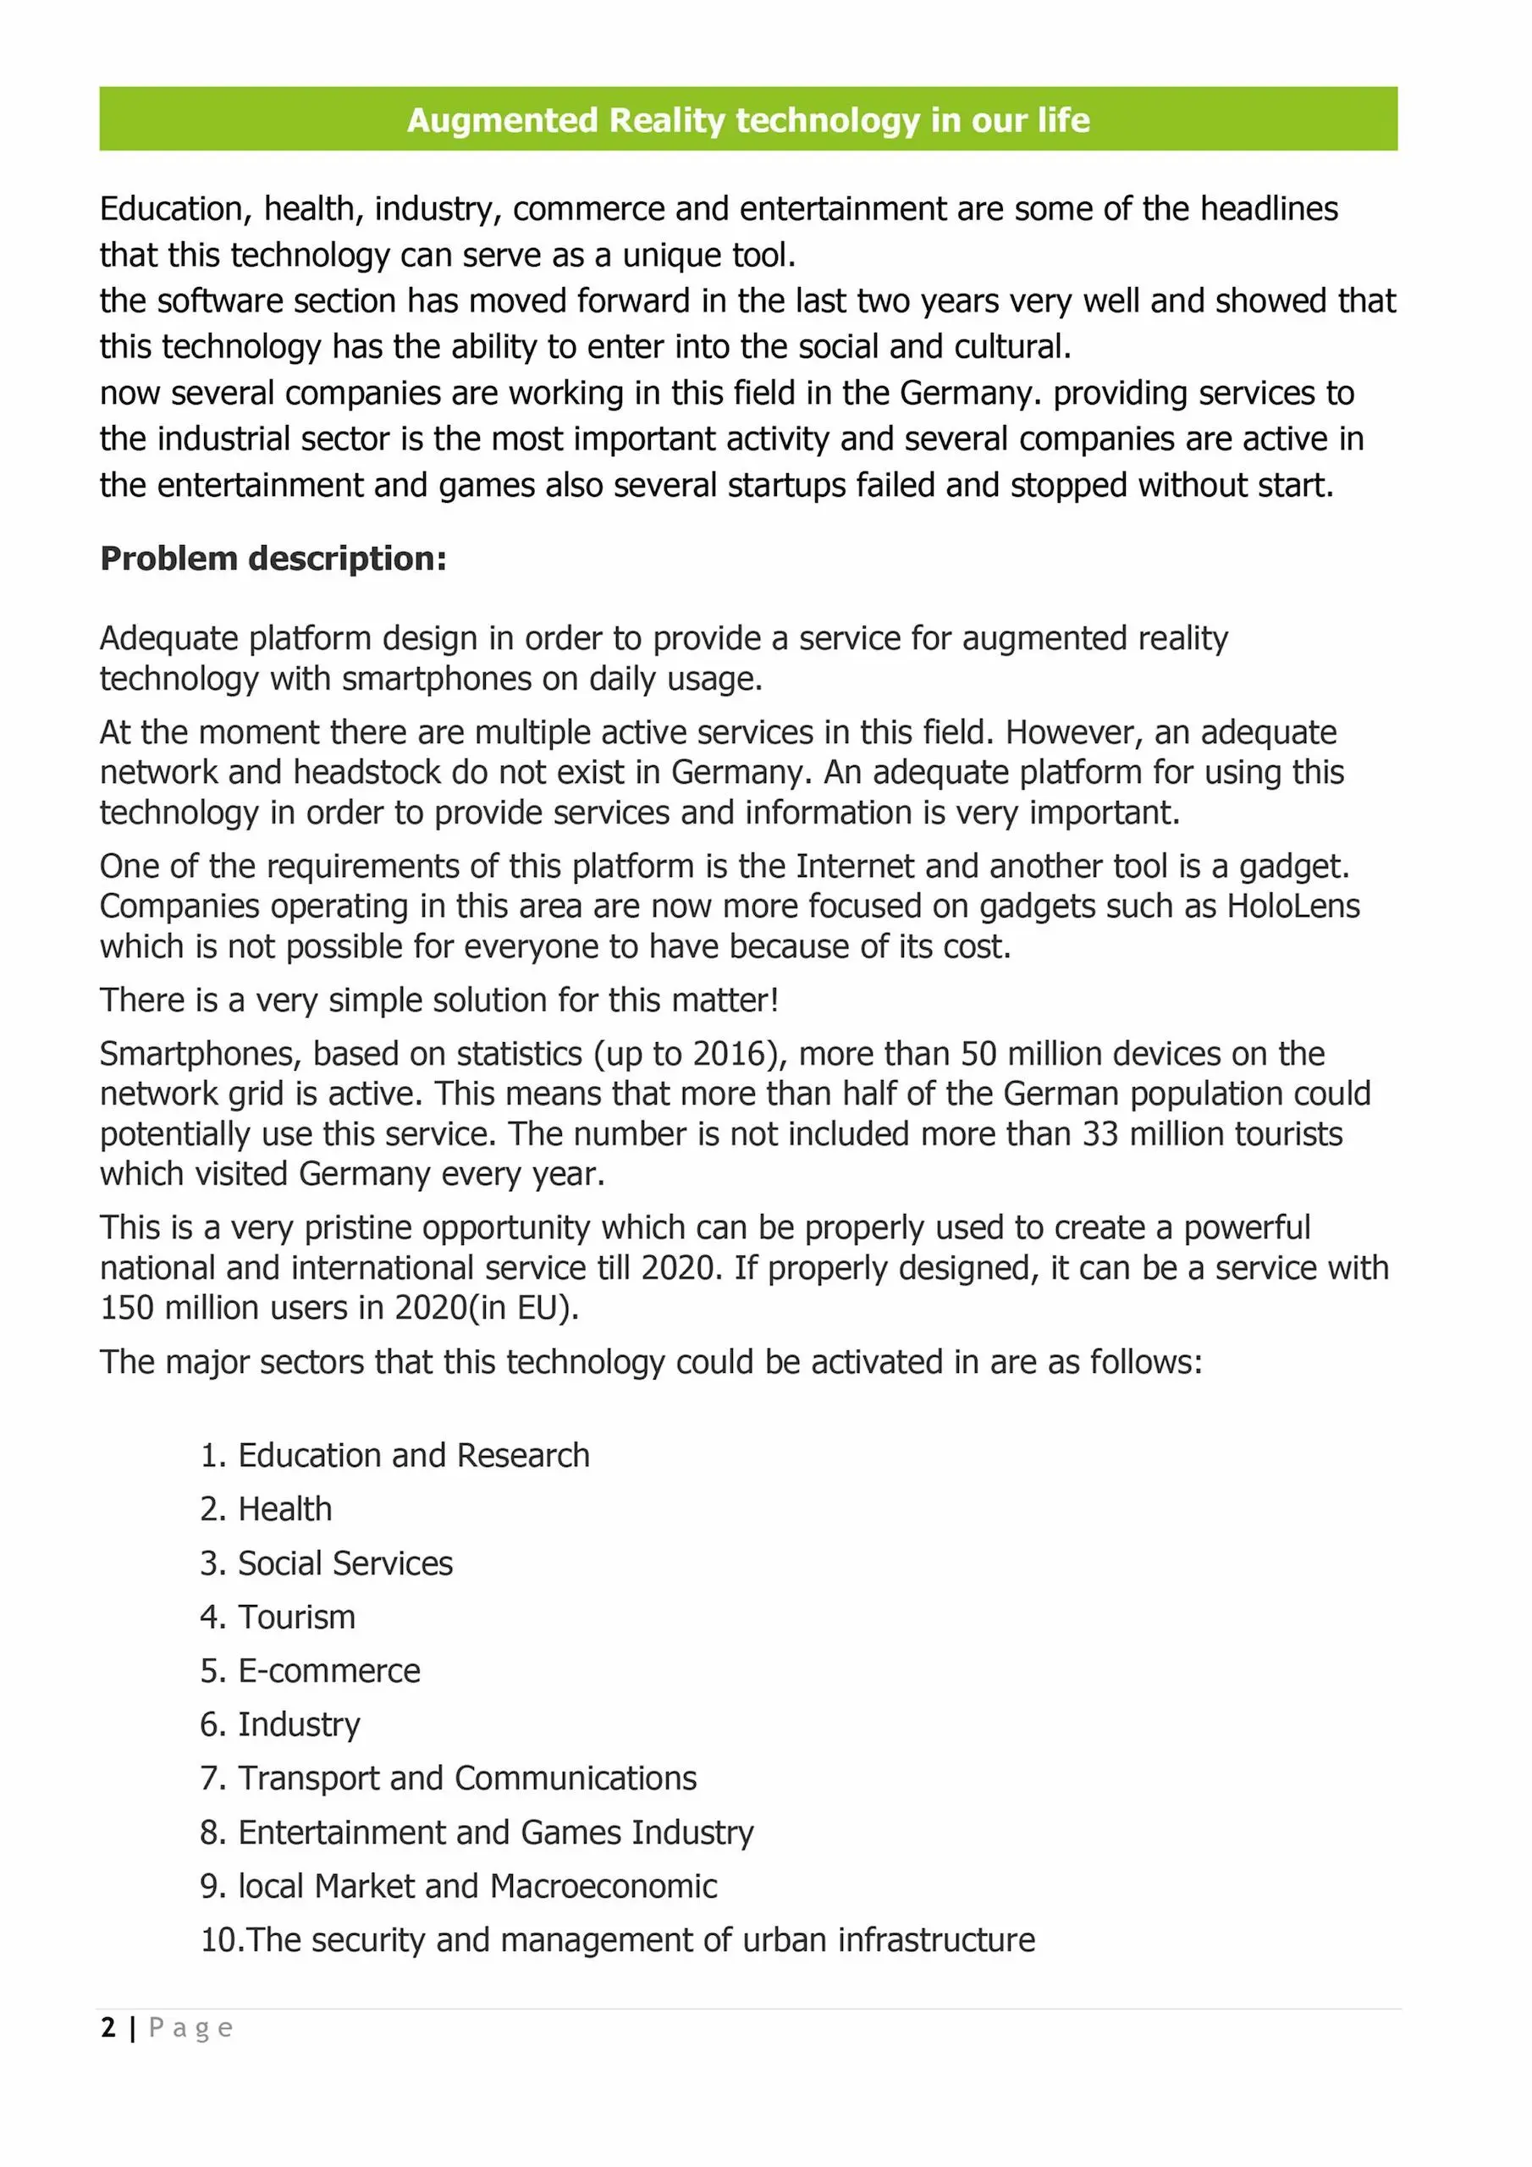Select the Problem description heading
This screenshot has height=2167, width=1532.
(273, 559)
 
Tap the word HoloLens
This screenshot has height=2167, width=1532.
(1292, 906)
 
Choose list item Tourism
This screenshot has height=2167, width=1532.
(296, 1618)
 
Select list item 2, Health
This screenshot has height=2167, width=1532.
(284, 1510)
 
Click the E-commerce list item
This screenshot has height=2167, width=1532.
(328, 1672)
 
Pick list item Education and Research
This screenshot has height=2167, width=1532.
(413, 1456)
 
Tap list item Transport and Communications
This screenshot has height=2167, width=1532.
(466, 1779)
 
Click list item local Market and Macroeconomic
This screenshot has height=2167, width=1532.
(477, 1887)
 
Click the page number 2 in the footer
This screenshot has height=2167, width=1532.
(108, 2027)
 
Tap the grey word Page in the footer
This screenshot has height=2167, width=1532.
(190, 2028)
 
